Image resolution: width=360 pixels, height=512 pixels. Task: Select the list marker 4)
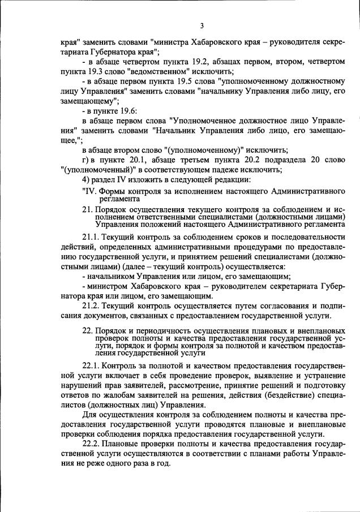click(86, 180)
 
